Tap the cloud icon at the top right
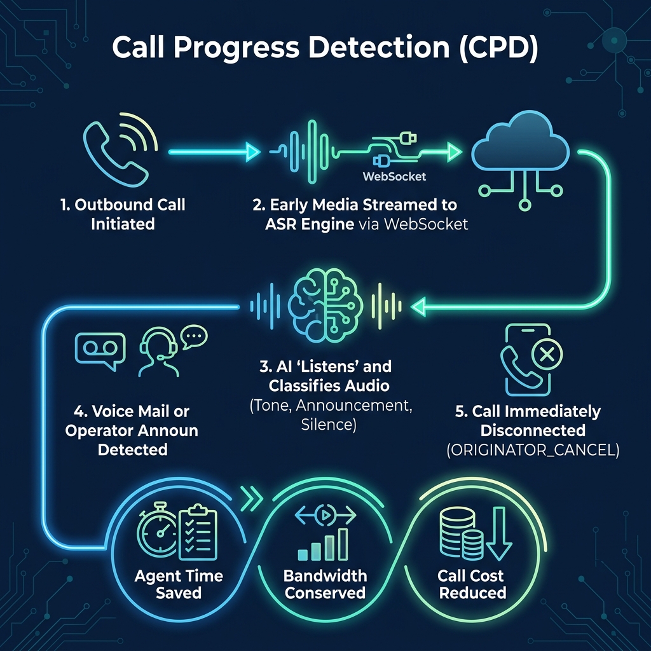click(x=520, y=141)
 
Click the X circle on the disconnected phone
click(x=547, y=354)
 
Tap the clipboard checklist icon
click(x=198, y=532)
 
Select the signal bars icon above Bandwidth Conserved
click(x=323, y=544)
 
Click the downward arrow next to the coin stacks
click(x=498, y=533)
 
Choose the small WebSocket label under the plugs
click(x=394, y=177)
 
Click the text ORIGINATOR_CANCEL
click(x=533, y=450)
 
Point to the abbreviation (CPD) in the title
click(x=498, y=48)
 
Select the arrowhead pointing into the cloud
click(x=455, y=152)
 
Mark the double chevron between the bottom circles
click(x=251, y=498)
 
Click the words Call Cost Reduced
click(x=472, y=584)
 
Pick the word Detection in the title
click(x=379, y=47)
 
